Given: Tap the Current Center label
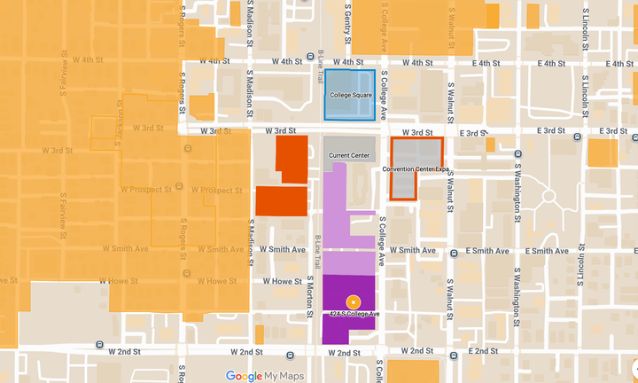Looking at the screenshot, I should (347, 156).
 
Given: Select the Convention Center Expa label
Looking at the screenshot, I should (416, 168).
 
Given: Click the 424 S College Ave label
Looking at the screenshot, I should (353, 314).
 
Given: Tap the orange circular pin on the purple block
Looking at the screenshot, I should (353, 301).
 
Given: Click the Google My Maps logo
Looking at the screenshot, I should (264, 376).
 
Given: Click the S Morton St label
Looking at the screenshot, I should (309, 299).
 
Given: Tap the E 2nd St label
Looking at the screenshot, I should (486, 352).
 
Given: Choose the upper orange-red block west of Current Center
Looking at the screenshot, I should (292, 159).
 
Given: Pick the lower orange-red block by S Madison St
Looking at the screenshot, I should (281, 201).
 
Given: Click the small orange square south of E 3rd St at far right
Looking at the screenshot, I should (603, 152).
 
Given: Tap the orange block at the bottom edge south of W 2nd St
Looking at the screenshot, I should (413, 371).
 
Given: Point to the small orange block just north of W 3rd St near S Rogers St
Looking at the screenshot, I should (202, 106).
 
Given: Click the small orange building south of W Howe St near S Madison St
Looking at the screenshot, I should (259, 335).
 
